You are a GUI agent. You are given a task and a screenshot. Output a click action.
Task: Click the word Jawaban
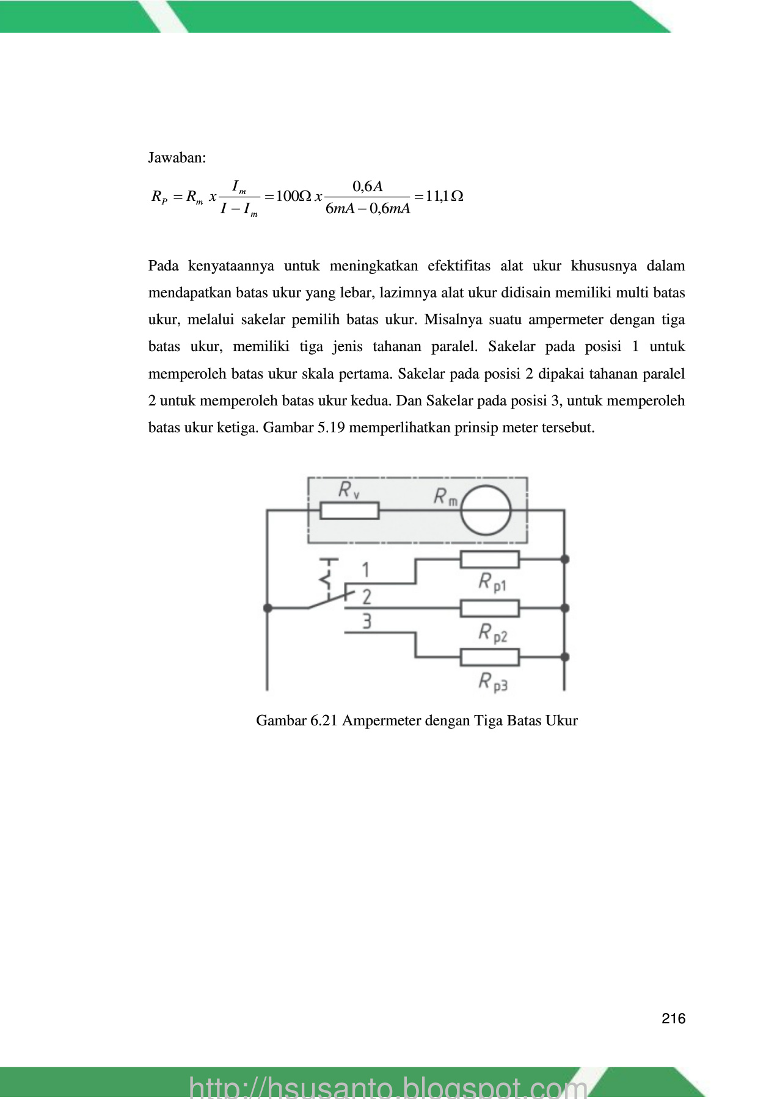(177, 158)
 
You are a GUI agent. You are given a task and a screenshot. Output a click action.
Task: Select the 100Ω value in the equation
(294, 196)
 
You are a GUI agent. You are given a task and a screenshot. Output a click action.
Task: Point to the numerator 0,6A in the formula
(367, 186)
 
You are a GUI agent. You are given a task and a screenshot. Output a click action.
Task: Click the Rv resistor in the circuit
(349, 510)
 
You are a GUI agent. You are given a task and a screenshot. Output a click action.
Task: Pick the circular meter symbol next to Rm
(486, 510)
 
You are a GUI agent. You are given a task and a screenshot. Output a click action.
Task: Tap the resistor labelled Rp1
(489, 559)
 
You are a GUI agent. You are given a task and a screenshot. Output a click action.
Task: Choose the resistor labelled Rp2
(489, 608)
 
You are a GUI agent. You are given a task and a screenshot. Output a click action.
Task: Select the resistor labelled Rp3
(489, 657)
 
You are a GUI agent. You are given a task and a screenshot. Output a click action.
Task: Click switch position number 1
(366, 570)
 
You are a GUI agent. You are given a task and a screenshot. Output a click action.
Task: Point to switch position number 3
(367, 622)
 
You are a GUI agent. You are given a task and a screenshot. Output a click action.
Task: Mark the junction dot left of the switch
(268, 608)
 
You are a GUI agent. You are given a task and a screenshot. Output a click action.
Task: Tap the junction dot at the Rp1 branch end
(565, 559)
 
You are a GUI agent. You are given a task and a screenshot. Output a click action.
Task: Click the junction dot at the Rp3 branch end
(565, 657)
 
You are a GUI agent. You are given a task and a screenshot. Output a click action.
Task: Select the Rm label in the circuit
(445, 496)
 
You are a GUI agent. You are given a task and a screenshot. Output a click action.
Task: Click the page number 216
(673, 1018)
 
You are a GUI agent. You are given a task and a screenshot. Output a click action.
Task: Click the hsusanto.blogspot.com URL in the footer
(388, 1087)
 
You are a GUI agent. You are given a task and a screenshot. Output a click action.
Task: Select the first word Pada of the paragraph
(163, 266)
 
